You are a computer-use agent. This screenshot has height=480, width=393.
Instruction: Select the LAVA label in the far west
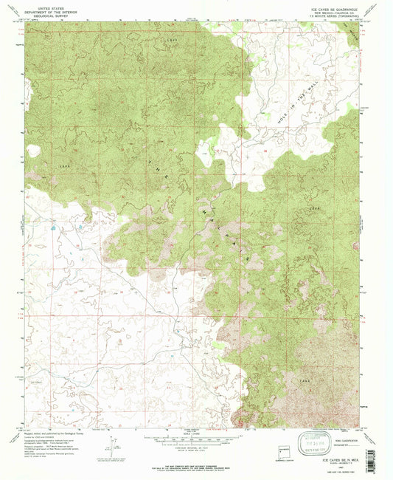63,168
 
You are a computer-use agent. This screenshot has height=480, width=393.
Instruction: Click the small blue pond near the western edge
52,230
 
